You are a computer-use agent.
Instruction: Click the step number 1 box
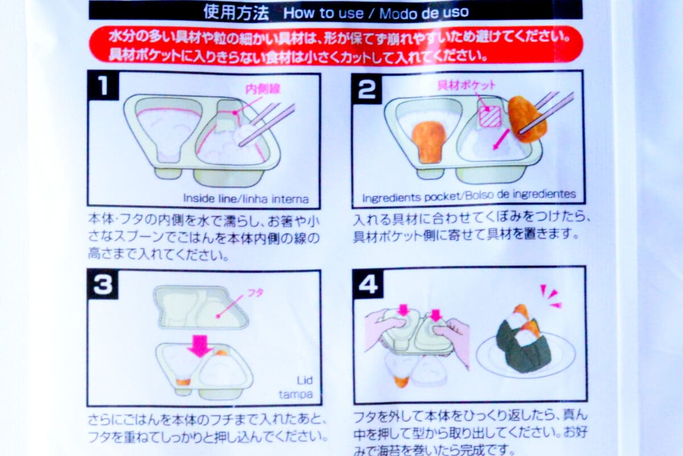click(x=103, y=87)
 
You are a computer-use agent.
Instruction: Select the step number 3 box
click(x=103, y=285)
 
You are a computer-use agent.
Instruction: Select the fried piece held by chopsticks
click(x=526, y=118)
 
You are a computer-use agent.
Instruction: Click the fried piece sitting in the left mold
click(x=428, y=139)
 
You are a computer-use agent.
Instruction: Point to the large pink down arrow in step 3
click(x=199, y=345)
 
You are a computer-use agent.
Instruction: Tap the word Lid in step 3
click(x=305, y=381)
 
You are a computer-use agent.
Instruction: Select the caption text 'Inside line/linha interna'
click(x=246, y=199)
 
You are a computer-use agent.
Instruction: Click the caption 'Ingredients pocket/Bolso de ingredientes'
click(x=469, y=195)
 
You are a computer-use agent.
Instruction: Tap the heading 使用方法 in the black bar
click(x=236, y=12)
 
